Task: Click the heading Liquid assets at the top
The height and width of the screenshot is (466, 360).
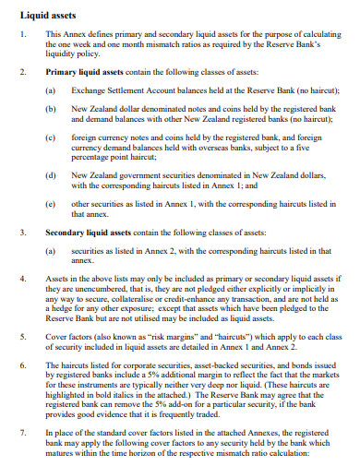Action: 43,15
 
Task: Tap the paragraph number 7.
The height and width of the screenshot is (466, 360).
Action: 23,431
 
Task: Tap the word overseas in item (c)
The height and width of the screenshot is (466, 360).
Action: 215,146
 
